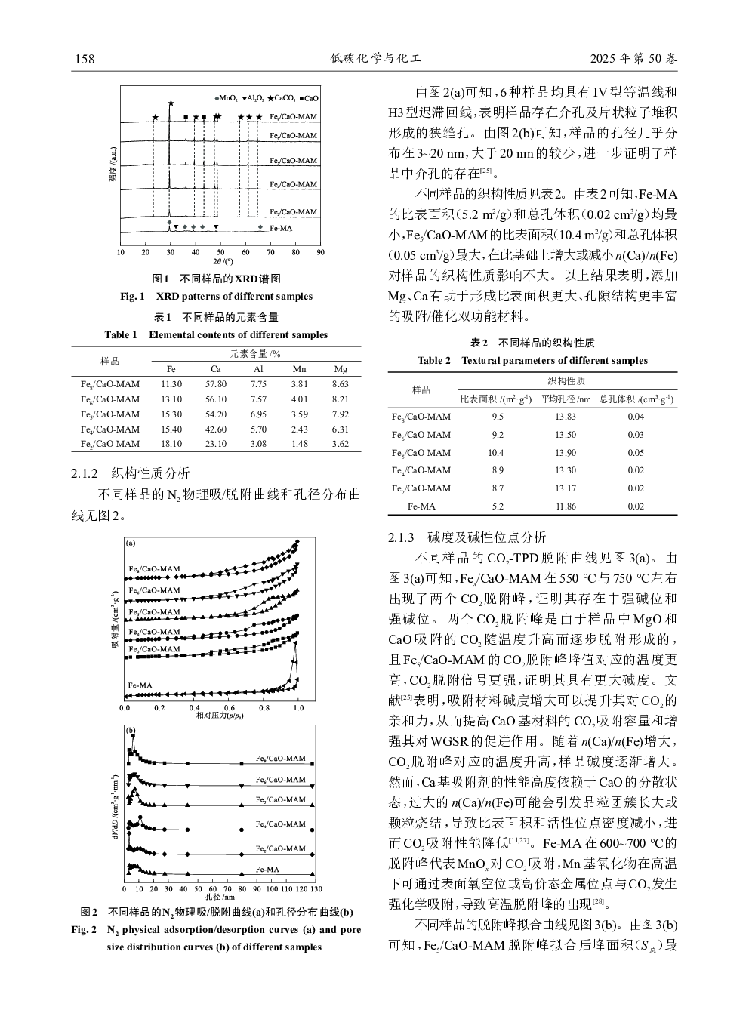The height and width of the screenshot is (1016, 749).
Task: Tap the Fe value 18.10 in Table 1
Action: click(171, 444)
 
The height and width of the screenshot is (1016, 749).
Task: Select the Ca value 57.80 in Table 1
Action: click(216, 384)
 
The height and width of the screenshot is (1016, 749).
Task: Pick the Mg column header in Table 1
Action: click(341, 369)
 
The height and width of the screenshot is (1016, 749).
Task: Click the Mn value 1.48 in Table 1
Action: click(299, 444)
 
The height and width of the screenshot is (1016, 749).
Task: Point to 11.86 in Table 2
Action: click(565, 506)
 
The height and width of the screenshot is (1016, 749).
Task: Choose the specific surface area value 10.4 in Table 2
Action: click(495, 452)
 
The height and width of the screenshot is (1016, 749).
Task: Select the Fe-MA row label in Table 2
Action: click(421, 506)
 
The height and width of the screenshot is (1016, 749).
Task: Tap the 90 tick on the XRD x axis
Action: click(320, 252)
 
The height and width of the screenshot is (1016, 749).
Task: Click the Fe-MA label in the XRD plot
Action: click(281, 228)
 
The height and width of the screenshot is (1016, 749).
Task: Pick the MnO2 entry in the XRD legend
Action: click(227, 98)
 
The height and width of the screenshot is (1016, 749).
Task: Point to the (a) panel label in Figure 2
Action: click(131, 543)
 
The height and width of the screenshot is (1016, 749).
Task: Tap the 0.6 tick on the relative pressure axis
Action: click(229, 708)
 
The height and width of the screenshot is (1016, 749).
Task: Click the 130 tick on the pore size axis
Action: click(316, 890)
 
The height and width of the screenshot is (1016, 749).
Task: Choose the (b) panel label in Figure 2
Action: click(131, 731)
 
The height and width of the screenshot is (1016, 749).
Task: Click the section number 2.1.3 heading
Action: click(401, 537)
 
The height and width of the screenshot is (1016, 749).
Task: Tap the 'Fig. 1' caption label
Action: click(132, 297)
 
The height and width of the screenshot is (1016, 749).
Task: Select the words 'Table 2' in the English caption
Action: click(434, 361)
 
